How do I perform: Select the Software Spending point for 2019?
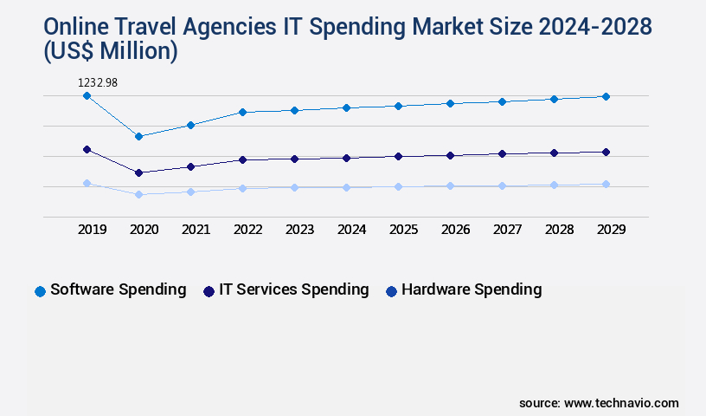pos(87,95)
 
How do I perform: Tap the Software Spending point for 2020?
pos(138,136)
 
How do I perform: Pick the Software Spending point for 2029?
pos(606,96)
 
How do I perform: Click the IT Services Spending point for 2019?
pos(87,149)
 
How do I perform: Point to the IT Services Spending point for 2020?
pos(138,172)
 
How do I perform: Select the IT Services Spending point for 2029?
pos(606,152)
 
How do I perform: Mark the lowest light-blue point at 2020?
pos(138,194)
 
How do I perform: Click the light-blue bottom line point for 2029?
pos(606,184)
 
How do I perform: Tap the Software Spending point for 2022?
pos(242,112)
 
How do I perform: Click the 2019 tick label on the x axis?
pos(92,230)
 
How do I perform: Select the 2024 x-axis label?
pos(351,230)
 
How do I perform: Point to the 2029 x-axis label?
pos(611,230)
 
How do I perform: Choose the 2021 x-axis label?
pos(196,230)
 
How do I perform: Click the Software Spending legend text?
pos(118,289)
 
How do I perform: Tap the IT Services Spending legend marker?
pos(209,291)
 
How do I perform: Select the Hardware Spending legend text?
pos(472,289)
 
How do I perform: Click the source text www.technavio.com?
pos(621,403)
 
